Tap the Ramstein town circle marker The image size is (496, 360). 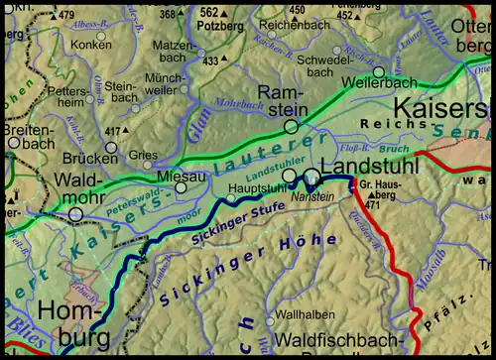click(291, 127)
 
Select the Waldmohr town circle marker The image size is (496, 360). click(75, 213)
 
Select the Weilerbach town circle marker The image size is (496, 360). click(378, 72)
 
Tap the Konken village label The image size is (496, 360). click(91, 45)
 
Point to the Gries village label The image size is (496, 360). click(143, 155)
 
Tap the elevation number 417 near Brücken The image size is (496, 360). click(114, 131)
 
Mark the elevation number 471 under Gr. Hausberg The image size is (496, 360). click(371, 205)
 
